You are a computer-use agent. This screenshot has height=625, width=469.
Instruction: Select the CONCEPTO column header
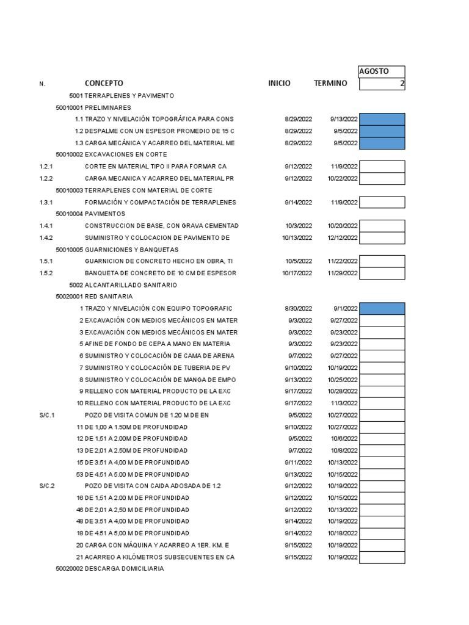[104, 83]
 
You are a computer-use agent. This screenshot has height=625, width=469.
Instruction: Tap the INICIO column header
[279, 83]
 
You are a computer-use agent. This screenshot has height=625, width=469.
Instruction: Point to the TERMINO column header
[330, 83]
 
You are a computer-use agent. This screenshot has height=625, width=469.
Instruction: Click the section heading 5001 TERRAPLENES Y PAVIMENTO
[122, 96]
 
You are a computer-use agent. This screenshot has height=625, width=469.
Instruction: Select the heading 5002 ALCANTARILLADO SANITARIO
[123, 285]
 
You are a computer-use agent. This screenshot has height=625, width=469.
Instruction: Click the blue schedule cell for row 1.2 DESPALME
[382, 131]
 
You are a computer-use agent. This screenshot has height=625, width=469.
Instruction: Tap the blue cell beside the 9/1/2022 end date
[382, 309]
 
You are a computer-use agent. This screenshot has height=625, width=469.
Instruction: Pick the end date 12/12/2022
[343, 238]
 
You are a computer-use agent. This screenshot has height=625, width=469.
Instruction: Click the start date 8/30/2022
[298, 309]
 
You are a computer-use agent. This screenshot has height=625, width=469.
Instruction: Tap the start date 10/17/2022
[297, 273]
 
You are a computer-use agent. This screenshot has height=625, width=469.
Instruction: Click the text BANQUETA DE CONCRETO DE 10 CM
[160, 273]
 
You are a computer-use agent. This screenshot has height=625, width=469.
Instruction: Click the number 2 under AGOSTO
[402, 84]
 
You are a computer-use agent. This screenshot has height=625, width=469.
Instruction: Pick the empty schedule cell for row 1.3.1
[382, 203]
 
